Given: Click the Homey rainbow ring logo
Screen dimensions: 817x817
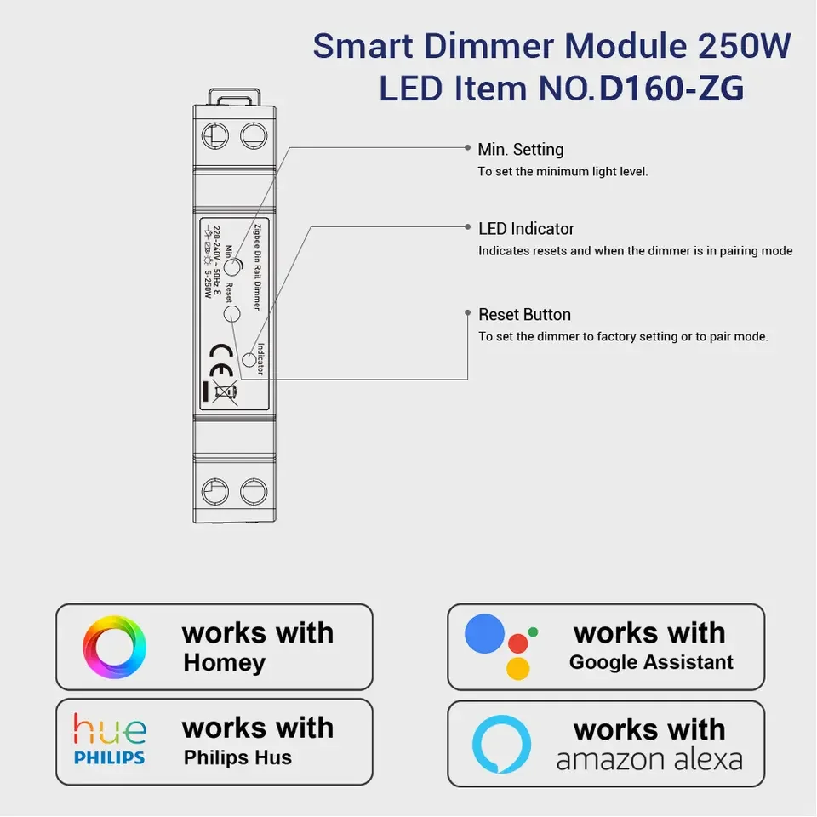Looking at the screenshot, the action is pos(114,647).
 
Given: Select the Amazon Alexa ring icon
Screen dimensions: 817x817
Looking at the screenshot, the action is pos(501,744).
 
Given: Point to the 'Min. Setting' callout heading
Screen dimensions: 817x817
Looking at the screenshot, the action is pos(520,150).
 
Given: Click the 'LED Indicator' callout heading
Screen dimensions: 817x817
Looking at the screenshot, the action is pos(526,229).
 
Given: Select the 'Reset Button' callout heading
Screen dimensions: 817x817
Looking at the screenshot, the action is pos(524,315).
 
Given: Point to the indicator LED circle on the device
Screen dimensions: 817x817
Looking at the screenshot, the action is pos(249,361).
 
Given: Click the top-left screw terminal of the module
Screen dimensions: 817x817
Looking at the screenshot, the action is pos(214,135).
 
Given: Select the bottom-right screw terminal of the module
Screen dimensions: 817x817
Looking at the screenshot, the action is pos(254,491).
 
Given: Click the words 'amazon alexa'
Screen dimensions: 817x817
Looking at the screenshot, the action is pos(649,759).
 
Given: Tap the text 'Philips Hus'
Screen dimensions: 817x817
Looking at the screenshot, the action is pos(237,757).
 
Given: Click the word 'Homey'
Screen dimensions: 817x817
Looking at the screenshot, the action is pos(224,663).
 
